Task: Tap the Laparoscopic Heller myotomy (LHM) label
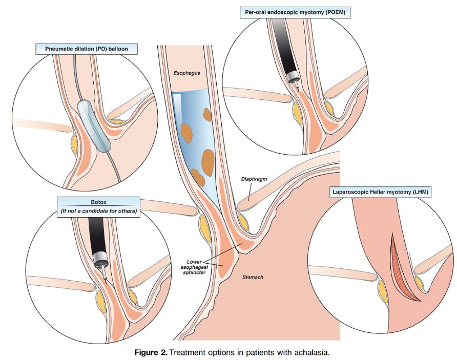click(x=381, y=193)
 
